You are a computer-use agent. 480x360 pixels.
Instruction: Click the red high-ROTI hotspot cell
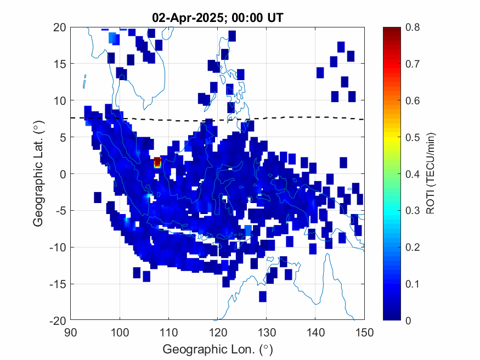(157, 162)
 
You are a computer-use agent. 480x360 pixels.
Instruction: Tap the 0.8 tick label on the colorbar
(413, 27)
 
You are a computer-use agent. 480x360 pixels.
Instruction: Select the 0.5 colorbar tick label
(413, 137)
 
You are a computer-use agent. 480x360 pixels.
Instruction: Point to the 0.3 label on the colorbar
(413, 211)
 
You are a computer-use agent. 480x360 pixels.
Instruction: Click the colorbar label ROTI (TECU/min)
(430, 173)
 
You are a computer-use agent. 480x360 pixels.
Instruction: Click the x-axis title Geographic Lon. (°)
(218, 349)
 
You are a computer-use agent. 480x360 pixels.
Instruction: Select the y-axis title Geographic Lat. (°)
(38, 173)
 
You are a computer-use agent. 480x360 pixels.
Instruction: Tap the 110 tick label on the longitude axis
(168, 332)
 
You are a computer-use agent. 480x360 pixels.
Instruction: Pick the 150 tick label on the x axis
(365, 332)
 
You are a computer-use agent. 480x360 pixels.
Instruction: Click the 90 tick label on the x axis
(71, 332)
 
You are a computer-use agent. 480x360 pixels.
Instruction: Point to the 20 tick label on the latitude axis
(60, 27)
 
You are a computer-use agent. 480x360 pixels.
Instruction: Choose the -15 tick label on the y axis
(58, 284)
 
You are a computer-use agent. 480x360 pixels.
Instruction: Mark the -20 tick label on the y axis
(58, 321)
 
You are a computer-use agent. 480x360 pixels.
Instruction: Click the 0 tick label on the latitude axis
(63, 174)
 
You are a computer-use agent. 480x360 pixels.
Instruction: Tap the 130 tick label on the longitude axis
(267, 332)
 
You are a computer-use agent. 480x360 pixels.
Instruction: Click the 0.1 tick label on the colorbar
(413, 284)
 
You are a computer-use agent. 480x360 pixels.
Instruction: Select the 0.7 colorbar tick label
(413, 64)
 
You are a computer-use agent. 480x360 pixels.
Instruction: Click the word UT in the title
(275, 18)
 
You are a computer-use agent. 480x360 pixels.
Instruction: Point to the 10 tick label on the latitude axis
(60, 100)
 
